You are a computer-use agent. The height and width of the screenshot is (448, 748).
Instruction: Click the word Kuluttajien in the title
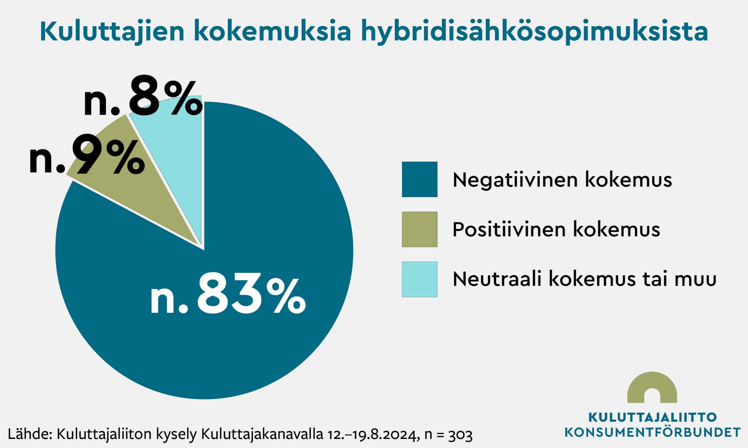pos(112,31)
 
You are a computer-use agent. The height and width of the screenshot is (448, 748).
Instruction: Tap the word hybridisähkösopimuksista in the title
pos(534,32)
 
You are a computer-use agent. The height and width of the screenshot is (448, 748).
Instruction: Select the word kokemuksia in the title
pos(274,31)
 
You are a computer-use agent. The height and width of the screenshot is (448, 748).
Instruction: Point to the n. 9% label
pos(87,158)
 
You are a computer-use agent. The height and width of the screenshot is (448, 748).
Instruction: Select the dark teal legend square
pos(419,179)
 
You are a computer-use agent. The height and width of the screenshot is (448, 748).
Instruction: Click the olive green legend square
pos(419,229)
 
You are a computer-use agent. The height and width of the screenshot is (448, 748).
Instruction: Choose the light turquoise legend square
pos(419,279)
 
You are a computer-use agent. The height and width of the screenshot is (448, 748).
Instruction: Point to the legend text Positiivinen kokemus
pos(556,230)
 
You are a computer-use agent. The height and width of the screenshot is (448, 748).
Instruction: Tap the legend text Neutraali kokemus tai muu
pos(584,280)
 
